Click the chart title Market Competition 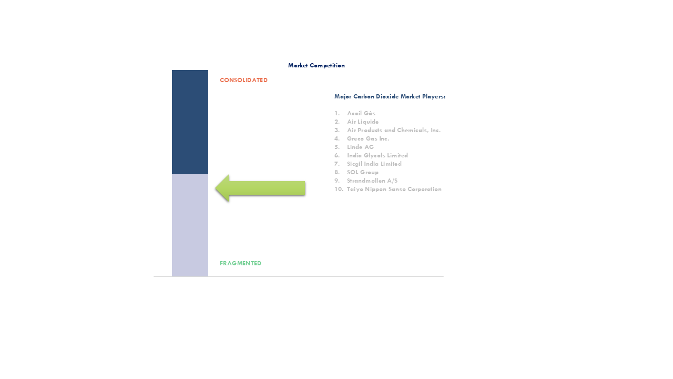[317, 66]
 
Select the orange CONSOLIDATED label [243, 80]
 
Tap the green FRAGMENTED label [240, 263]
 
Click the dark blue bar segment [190, 122]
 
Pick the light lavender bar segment [190, 225]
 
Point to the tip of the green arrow [216, 188]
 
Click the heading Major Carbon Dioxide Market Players [390, 96]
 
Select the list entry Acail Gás [361, 113]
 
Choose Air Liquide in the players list [363, 122]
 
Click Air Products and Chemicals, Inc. [394, 130]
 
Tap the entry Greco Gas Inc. [368, 138]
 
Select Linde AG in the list [361, 147]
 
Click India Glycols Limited [378, 155]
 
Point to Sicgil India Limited [374, 164]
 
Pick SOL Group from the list [363, 172]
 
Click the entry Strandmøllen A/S [372, 181]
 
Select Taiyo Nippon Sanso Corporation [394, 189]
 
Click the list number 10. [339, 189]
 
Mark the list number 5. [337, 147]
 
